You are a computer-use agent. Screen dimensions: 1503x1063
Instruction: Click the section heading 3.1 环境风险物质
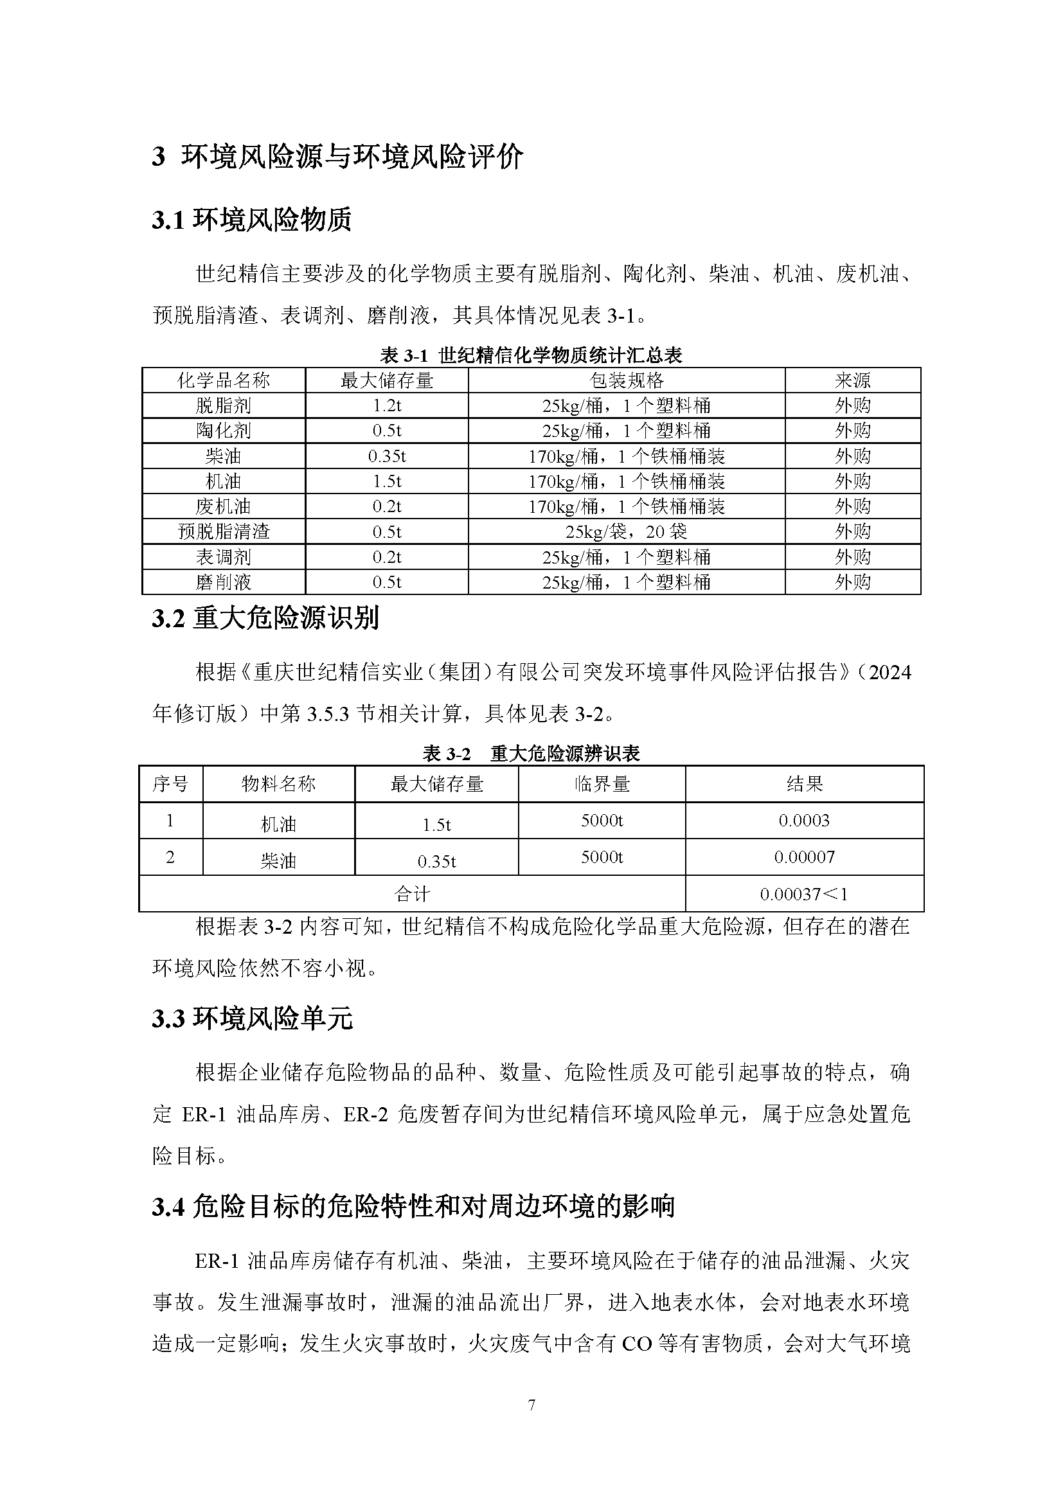pos(251,220)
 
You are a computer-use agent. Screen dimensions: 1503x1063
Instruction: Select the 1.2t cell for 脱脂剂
pos(387,406)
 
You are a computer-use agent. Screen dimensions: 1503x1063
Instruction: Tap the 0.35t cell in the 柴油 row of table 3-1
pos(387,456)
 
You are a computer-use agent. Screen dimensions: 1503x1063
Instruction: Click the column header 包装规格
pos(627,380)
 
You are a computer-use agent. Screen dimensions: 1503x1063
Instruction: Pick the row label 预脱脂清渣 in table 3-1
pos(223,531)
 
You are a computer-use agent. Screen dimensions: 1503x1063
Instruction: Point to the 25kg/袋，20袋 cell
pos(627,531)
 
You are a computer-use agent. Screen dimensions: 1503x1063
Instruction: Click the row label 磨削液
pos(223,582)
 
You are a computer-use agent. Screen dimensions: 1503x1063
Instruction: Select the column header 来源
pos(852,380)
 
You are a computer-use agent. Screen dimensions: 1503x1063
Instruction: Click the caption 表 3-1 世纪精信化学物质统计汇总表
pos(531,355)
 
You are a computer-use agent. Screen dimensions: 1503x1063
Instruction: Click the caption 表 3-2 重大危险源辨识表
pos(531,754)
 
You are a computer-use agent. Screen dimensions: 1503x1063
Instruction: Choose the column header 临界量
pos(602,783)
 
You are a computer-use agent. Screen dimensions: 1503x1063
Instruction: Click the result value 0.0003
pos(804,820)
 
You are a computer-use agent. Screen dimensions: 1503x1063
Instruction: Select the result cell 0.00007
pos(804,857)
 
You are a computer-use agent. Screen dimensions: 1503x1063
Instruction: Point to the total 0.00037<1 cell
pos(804,894)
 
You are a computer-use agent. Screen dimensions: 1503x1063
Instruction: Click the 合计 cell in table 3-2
pos(412,894)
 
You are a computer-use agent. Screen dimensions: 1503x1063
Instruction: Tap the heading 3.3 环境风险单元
pos(252,1018)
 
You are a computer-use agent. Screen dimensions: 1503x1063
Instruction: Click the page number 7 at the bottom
pos(531,1405)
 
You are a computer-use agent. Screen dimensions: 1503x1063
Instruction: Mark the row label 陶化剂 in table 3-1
pos(223,431)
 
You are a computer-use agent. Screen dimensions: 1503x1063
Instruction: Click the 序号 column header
pos(170,783)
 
